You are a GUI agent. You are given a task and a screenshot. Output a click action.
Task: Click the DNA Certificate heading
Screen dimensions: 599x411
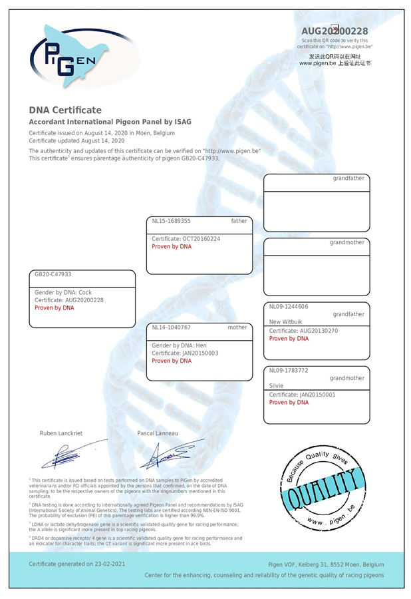click(x=65, y=110)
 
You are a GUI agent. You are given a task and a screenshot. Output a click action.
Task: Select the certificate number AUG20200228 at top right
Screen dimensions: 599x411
click(x=335, y=31)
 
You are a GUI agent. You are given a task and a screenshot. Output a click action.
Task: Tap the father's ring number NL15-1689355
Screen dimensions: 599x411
click(x=172, y=221)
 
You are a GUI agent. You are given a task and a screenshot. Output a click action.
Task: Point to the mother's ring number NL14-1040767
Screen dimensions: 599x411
click(x=172, y=327)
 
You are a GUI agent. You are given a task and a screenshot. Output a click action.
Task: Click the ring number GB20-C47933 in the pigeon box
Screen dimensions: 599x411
click(x=53, y=274)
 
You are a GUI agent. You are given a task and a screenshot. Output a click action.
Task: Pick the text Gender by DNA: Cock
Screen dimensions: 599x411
click(x=63, y=292)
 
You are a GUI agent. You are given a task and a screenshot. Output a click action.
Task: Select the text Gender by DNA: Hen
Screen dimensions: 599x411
click(x=179, y=345)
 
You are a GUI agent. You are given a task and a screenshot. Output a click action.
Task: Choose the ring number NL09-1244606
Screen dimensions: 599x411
click(x=289, y=307)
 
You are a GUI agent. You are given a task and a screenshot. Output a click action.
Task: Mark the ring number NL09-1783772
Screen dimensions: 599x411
click(x=289, y=370)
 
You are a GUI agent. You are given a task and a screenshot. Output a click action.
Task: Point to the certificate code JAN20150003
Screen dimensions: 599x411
click(x=196, y=353)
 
